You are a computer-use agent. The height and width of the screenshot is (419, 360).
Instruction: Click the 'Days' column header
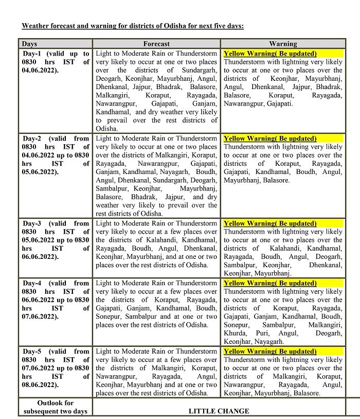30,44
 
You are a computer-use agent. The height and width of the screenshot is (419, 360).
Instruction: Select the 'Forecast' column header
156,44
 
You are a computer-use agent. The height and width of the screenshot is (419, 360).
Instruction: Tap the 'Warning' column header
283,44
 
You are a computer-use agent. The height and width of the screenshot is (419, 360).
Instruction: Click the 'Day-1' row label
34,54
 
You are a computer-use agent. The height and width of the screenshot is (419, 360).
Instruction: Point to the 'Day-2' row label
34,138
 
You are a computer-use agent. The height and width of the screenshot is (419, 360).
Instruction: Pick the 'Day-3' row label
34,223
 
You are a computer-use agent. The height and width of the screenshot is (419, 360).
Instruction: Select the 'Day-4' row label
34,283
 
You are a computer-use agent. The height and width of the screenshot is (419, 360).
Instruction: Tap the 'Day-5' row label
34,352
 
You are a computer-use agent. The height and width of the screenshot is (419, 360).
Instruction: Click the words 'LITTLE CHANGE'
219,411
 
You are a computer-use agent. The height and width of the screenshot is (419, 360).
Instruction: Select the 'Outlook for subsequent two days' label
56,407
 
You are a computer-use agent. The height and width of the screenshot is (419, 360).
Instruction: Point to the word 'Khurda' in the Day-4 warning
235,333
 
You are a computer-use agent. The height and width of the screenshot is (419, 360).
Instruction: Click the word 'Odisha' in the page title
158,26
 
